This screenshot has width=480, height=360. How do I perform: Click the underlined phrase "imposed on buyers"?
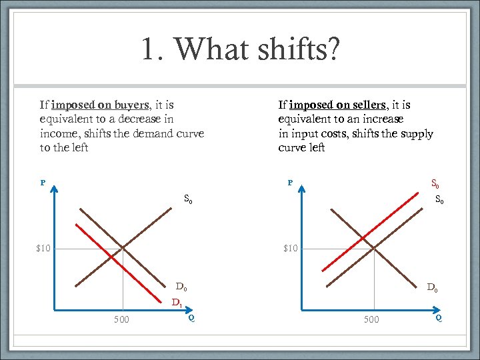click(99, 105)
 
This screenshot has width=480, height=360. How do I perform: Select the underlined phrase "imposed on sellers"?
click(338, 105)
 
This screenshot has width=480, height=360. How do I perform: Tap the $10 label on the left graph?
click(44, 249)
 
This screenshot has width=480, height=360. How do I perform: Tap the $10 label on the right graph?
click(291, 249)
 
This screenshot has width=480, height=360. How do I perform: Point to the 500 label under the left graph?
click(121, 319)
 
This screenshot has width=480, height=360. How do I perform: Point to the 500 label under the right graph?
click(371, 319)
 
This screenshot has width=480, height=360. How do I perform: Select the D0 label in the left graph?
click(181, 287)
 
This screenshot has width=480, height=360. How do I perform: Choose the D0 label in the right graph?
click(432, 288)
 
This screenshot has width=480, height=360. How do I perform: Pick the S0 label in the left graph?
click(189, 198)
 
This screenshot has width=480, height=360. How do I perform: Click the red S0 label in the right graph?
click(436, 183)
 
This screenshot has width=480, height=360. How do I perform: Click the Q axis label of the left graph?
click(191, 317)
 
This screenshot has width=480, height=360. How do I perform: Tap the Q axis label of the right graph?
click(439, 317)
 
